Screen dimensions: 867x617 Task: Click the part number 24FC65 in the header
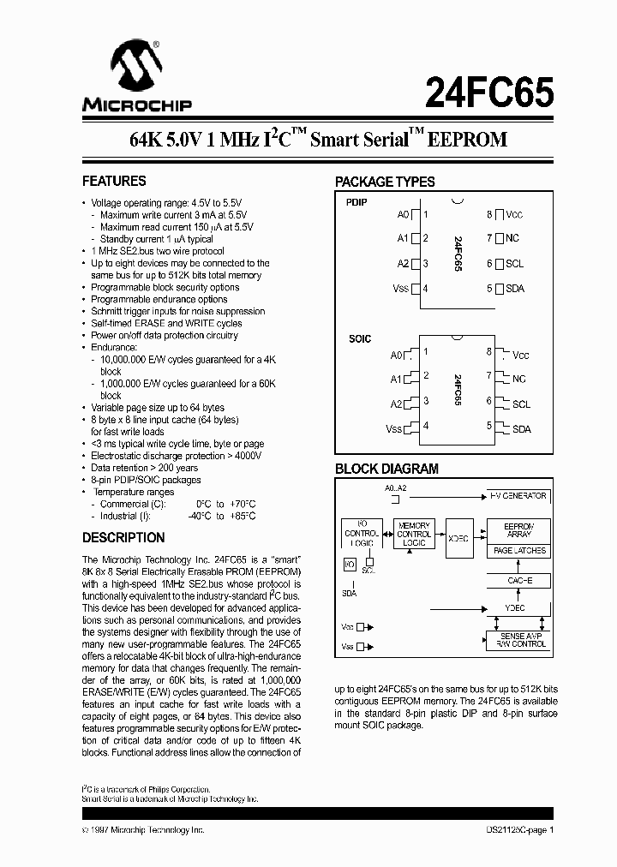pyautogui.click(x=489, y=89)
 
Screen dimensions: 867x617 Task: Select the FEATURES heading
pyautogui.click(x=114, y=182)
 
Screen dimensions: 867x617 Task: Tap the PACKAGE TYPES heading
pyautogui.click(x=385, y=182)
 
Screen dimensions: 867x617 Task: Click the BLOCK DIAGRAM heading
pyautogui.click(x=386, y=469)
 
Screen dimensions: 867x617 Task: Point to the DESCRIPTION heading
pyautogui.click(x=123, y=538)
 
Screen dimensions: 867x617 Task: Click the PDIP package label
pyautogui.click(x=356, y=202)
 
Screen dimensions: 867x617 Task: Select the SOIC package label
pyautogui.click(x=360, y=339)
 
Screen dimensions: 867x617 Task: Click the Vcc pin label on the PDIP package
pyautogui.click(x=514, y=215)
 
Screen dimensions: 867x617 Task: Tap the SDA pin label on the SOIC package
pyautogui.click(x=522, y=428)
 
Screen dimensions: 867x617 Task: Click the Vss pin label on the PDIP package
pyautogui.click(x=401, y=289)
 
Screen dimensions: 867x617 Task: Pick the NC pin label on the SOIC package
pyautogui.click(x=518, y=379)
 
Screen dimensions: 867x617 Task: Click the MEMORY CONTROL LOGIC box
pyautogui.click(x=414, y=535)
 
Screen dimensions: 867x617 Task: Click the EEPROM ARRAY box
pyautogui.click(x=518, y=529)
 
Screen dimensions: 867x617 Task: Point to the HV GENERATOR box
pyautogui.click(x=518, y=496)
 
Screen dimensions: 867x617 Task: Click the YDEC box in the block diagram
pyautogui.click(x=516, y=607)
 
